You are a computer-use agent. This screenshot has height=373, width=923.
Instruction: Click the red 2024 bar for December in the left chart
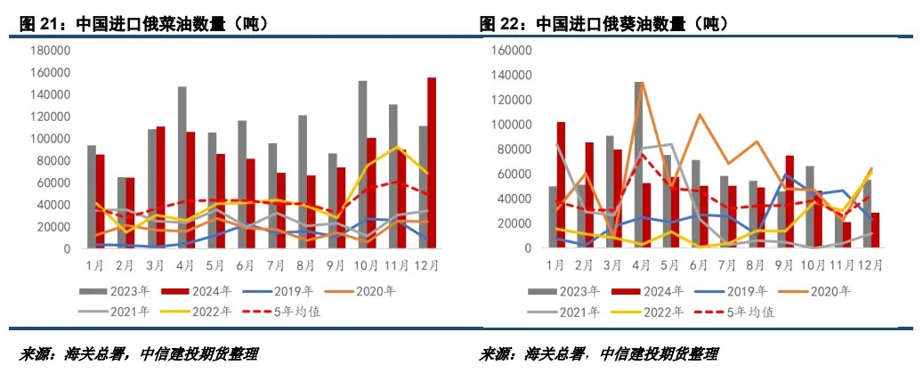(432, 163)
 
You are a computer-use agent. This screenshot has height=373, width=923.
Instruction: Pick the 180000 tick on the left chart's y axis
(51, 51)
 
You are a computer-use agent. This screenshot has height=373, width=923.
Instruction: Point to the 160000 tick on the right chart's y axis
(511, 51)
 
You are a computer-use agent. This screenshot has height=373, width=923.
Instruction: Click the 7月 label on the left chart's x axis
(277, 265)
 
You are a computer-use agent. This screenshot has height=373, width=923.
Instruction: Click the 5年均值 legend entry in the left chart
(294, 311)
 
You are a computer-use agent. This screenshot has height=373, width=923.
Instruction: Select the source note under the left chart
(138, 353)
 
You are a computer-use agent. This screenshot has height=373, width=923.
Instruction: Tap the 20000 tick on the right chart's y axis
(514, 224)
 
